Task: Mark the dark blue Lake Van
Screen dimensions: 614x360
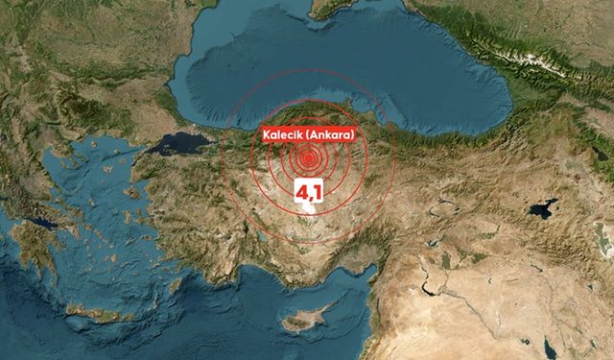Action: click(x=542, y=208)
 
